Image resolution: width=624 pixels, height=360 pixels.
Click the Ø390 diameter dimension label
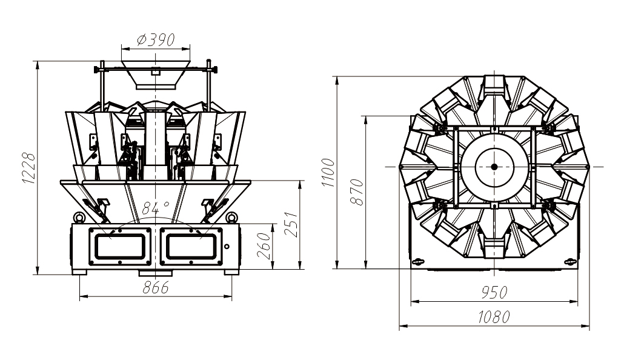[156, 41]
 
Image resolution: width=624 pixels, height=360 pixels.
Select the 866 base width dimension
[156, 288]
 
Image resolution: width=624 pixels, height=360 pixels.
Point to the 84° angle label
[155, 208]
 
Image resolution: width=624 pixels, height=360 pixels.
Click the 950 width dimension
[494, 293]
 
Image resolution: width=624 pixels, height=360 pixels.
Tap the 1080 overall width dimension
[494, 317]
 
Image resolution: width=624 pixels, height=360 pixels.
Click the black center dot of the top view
[494, 167]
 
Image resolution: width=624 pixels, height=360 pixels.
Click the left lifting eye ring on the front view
[78, 217]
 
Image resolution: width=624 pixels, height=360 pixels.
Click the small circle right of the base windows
[227, 246]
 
